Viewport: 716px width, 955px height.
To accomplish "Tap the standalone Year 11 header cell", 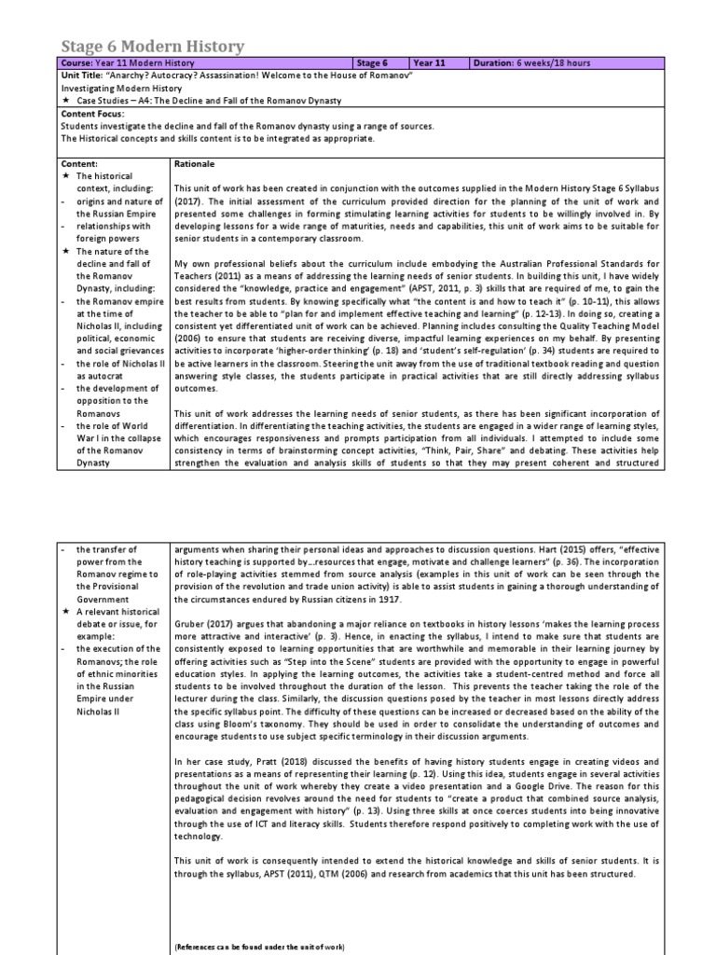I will [x=430, y=63].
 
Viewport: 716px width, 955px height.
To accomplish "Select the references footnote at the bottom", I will [x=259, y=947].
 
